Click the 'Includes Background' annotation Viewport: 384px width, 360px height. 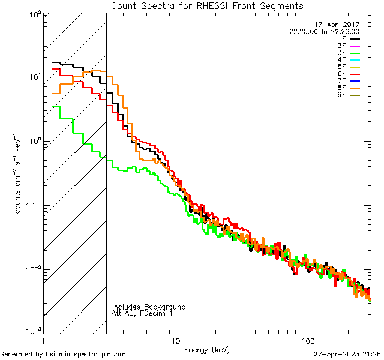149,307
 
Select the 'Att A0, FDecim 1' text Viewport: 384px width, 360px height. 142,313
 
